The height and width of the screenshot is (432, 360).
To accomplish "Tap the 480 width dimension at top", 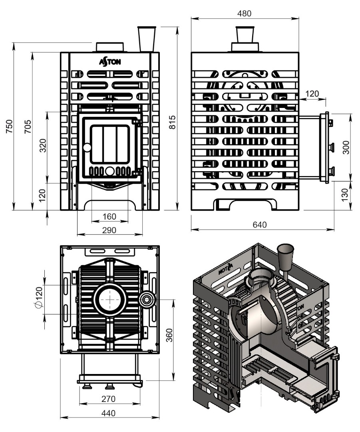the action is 244,14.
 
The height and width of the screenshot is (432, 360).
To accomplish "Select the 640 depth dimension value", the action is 260,225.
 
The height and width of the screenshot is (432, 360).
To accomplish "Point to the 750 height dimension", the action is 9,126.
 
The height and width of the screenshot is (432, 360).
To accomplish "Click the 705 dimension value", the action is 28,127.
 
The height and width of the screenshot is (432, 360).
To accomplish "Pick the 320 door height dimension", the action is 43,146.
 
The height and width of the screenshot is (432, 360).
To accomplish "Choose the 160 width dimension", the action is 109,216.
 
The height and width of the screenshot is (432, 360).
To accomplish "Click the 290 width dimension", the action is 109,230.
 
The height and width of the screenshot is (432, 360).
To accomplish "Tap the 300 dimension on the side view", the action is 346,147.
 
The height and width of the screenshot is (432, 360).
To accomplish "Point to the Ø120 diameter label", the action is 39,297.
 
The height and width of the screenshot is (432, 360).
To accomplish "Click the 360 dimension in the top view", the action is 169,335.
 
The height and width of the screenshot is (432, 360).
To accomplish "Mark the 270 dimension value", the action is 108,399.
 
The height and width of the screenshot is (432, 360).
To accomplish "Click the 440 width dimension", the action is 108,413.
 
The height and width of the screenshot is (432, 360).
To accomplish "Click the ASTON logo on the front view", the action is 110,62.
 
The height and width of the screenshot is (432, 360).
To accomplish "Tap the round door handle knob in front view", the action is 87,148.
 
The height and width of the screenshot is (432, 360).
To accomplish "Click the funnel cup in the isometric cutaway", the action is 285,257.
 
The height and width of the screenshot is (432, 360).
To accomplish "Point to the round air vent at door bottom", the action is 109,171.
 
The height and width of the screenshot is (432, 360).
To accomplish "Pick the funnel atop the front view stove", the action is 147,39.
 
